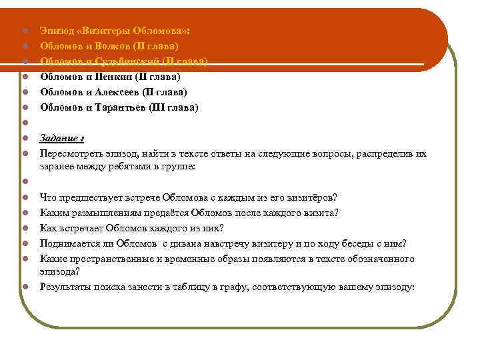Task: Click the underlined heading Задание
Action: [61, 139]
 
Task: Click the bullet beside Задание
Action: [23, 139]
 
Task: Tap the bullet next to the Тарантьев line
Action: [23, 107]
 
